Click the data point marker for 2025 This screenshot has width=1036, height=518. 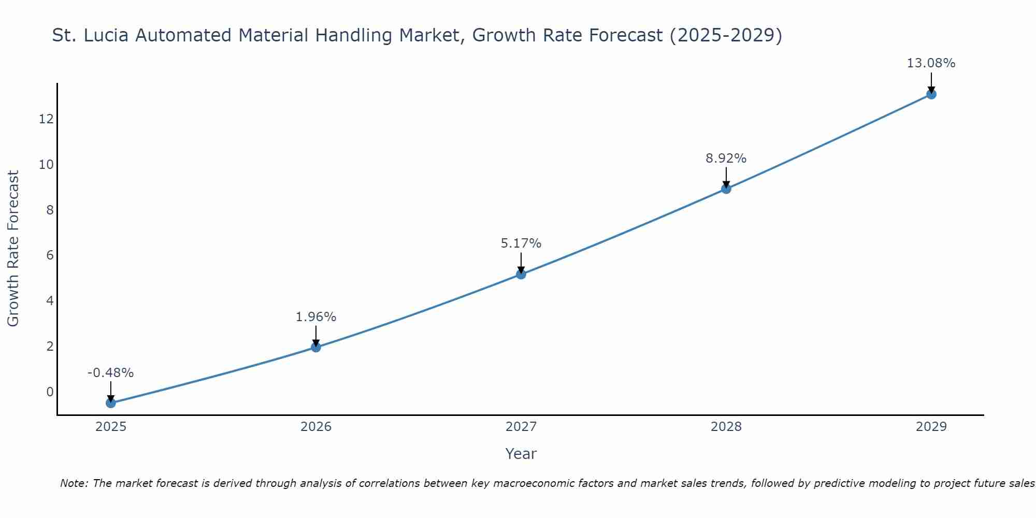[111, 402]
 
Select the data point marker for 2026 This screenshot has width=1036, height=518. [316, 347]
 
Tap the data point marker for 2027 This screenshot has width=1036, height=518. [521, 274]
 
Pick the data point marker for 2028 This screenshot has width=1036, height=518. [726, 189]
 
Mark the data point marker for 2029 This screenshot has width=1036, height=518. [931, 94]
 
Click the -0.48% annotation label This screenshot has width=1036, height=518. [111, 373]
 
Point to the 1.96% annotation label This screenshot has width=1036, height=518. [316, 317]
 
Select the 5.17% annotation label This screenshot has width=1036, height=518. [521, 243]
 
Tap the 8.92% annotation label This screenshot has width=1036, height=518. [726, 159]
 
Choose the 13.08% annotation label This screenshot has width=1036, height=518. [931, 63]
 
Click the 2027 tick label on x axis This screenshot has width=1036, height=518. [521, 427]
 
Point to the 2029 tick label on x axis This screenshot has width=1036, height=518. [931, 427]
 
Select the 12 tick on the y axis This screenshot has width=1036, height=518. [46, 119]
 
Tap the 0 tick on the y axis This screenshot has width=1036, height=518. [50, 392]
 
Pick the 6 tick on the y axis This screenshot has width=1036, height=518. [50, 255]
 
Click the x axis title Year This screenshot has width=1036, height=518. [521, 454]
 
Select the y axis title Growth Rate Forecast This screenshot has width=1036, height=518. [13, 249]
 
